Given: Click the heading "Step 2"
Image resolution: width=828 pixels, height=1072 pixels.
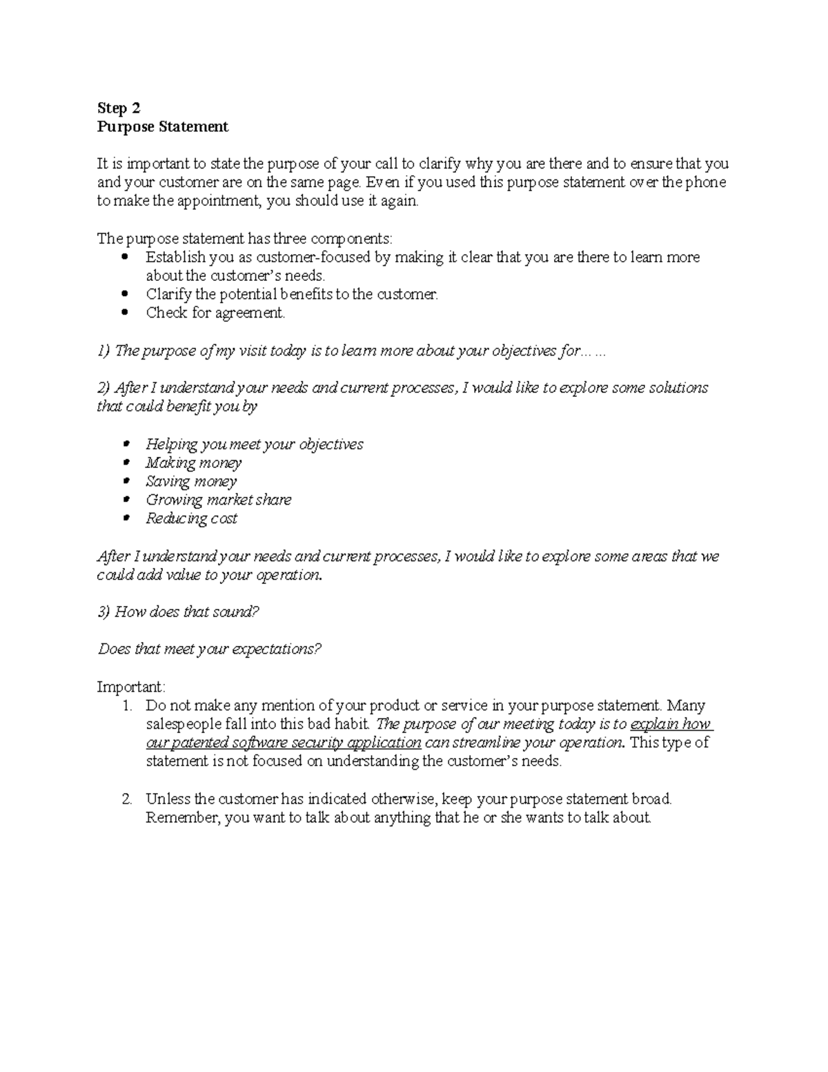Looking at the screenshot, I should tap(118, 108).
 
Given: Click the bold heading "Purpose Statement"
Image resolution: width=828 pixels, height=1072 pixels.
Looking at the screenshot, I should tap(162, 127).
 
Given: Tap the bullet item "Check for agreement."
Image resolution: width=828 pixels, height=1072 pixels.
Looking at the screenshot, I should tap(215, 313).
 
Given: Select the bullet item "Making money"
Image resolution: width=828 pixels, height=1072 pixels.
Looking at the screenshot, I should tap(193, 462).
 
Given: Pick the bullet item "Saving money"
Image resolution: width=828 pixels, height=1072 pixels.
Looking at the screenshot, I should tap(191, 481).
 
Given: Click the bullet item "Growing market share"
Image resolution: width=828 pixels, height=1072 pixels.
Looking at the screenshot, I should tap(218, 500).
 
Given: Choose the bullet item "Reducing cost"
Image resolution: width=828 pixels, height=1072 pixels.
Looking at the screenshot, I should tap(191, 518).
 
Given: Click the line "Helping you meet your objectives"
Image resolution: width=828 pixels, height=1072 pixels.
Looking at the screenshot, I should tap(254, 444).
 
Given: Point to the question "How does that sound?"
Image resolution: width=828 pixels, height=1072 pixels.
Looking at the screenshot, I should tap(186, 612).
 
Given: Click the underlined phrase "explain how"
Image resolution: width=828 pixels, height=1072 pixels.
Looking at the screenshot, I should tap(671, 724).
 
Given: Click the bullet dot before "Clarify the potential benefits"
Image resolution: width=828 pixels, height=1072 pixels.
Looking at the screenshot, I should tap(124, 295).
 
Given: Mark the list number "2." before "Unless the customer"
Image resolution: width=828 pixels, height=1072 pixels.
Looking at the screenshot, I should tap(127, 799).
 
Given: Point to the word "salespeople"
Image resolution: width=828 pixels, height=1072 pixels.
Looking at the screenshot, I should tap(183, 724).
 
